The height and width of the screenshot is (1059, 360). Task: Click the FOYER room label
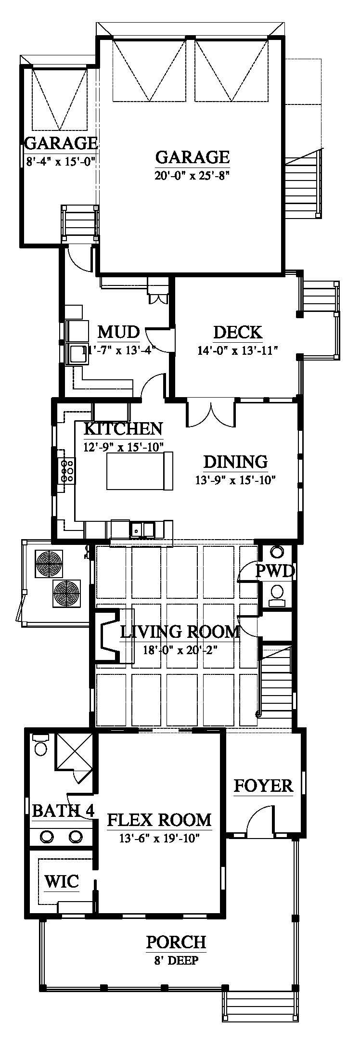(x=263, y=786)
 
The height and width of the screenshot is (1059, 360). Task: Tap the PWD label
(x=274, y=571)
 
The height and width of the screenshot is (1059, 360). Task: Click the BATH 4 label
(x=63, y=811)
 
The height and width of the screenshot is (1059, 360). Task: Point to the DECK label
(x=238, y=332)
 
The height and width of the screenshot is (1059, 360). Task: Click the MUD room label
(x=118, y=332)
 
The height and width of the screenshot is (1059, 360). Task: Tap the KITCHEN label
(x=123, y=428)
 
